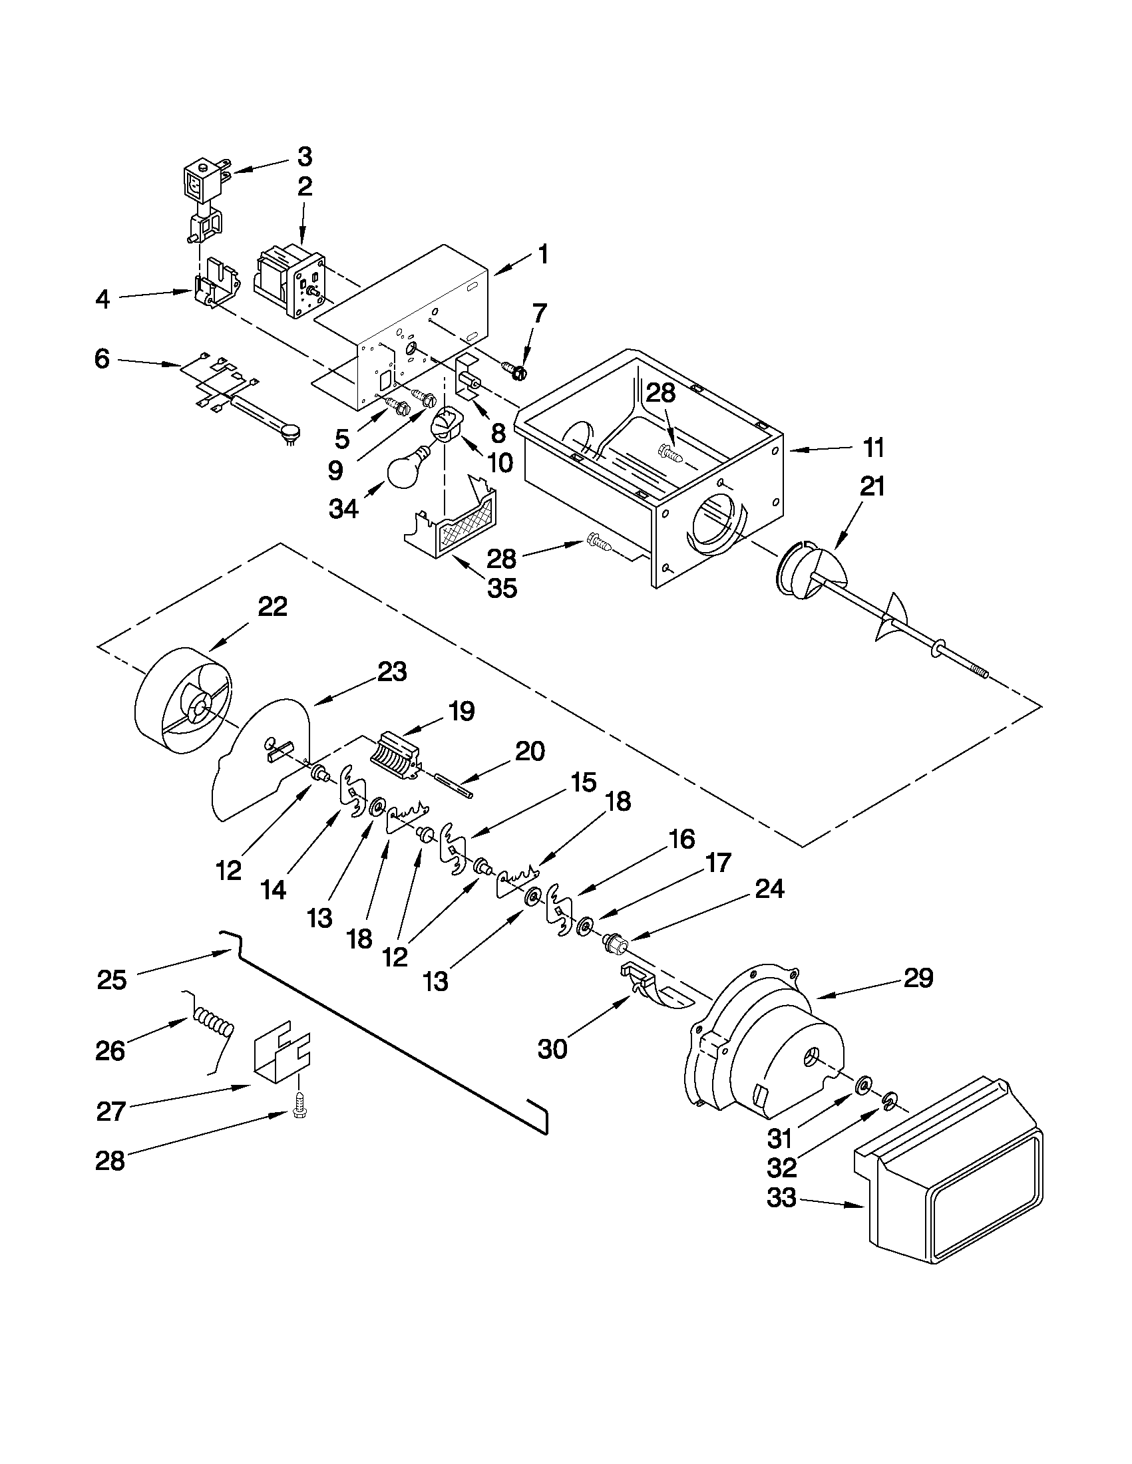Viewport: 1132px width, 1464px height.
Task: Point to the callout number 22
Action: [x=272, y=607]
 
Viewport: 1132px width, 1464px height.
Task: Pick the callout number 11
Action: [x=874, y=448]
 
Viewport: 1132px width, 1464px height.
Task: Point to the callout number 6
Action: [x=102, y=359]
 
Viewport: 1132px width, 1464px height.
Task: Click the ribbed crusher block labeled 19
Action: [x=396, y=756]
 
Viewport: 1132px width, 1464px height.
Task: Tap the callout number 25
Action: [x=111, y=979]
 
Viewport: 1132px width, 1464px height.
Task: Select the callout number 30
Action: [x=552, y=1049]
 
